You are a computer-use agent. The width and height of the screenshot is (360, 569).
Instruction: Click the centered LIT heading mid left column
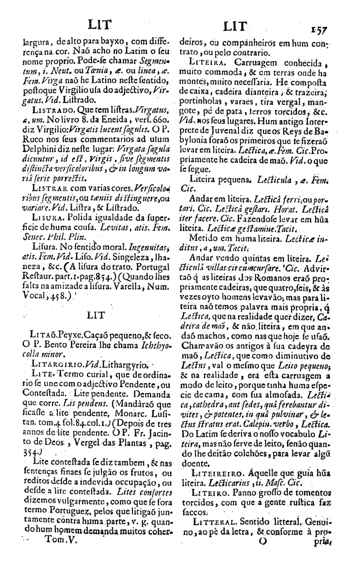(x=95, y=315)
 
